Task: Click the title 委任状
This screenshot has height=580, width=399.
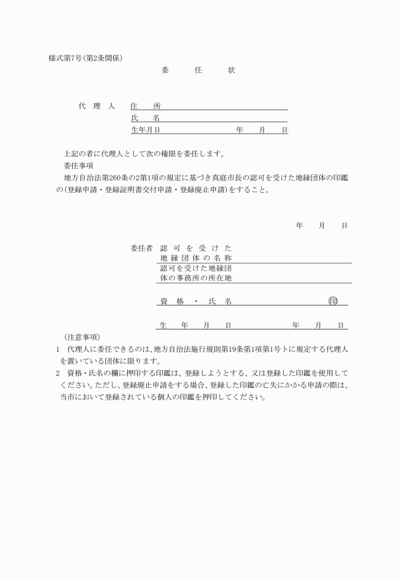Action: (x=198, y=71)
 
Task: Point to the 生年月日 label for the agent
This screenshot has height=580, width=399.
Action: (x=145, y=130)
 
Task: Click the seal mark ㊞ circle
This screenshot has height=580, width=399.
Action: (x=333, y=301)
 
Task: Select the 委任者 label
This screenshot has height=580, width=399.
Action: (x=141, y=248)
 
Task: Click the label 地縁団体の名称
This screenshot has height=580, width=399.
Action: (x=196, y=258)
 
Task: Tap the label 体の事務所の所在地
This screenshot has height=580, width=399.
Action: (x=196, y=278)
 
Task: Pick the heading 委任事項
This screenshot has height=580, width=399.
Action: (x=80, y=166)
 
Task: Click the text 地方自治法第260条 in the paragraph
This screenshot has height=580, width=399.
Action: (x=98, y=178)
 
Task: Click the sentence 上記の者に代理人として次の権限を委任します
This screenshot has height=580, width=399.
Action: (x=144, y=153)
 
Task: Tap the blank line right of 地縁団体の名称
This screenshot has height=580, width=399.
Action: (x=291, y=259)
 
